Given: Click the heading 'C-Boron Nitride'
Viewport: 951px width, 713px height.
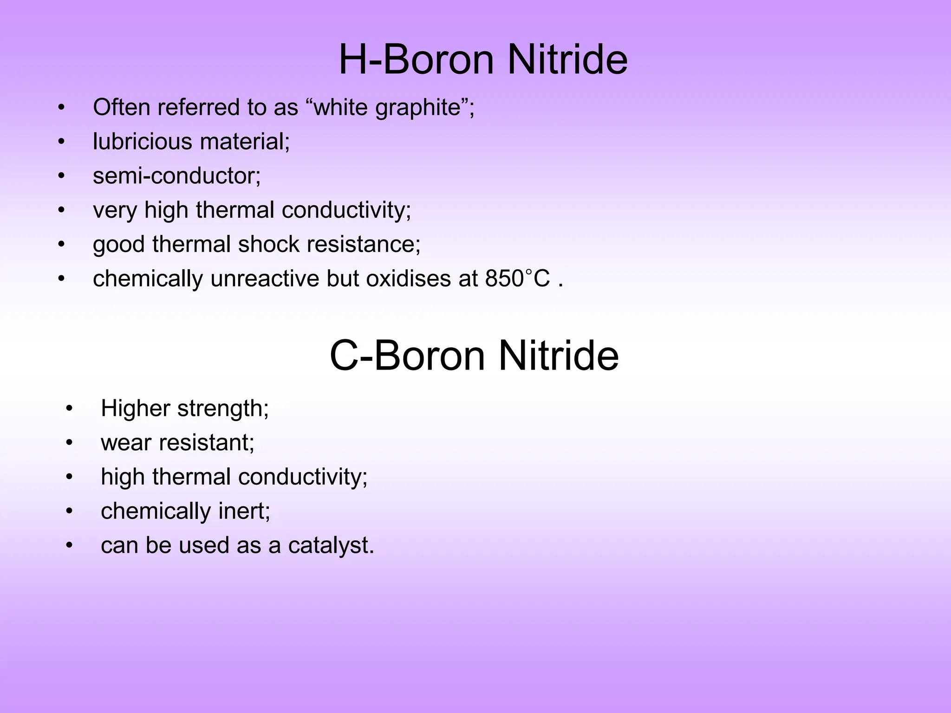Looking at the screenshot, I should pyautogui.click(x=474, y=356).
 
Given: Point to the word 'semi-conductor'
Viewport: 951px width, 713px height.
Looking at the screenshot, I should pyautogui.click(x=176, y=176).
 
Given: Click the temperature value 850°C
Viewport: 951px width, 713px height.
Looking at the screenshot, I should pyautogui.click(x=517, y=279).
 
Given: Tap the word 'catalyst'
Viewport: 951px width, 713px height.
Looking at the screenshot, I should pyautogui.click(x=331, y=545).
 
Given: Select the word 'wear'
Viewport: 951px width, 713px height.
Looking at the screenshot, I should pyautogui.click(x=126, y=443).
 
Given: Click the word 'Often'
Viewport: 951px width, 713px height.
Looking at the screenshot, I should pyautogui.click(x=121, y=107).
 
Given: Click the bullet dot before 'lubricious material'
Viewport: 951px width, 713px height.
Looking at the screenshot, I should pyautogui.click(x=61, y=142).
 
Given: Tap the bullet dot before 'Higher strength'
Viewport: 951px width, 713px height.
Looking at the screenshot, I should pyautogui.click(x=69, y=409).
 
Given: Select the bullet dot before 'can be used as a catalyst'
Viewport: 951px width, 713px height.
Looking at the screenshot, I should pyautogui.click(x=69, y=545).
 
